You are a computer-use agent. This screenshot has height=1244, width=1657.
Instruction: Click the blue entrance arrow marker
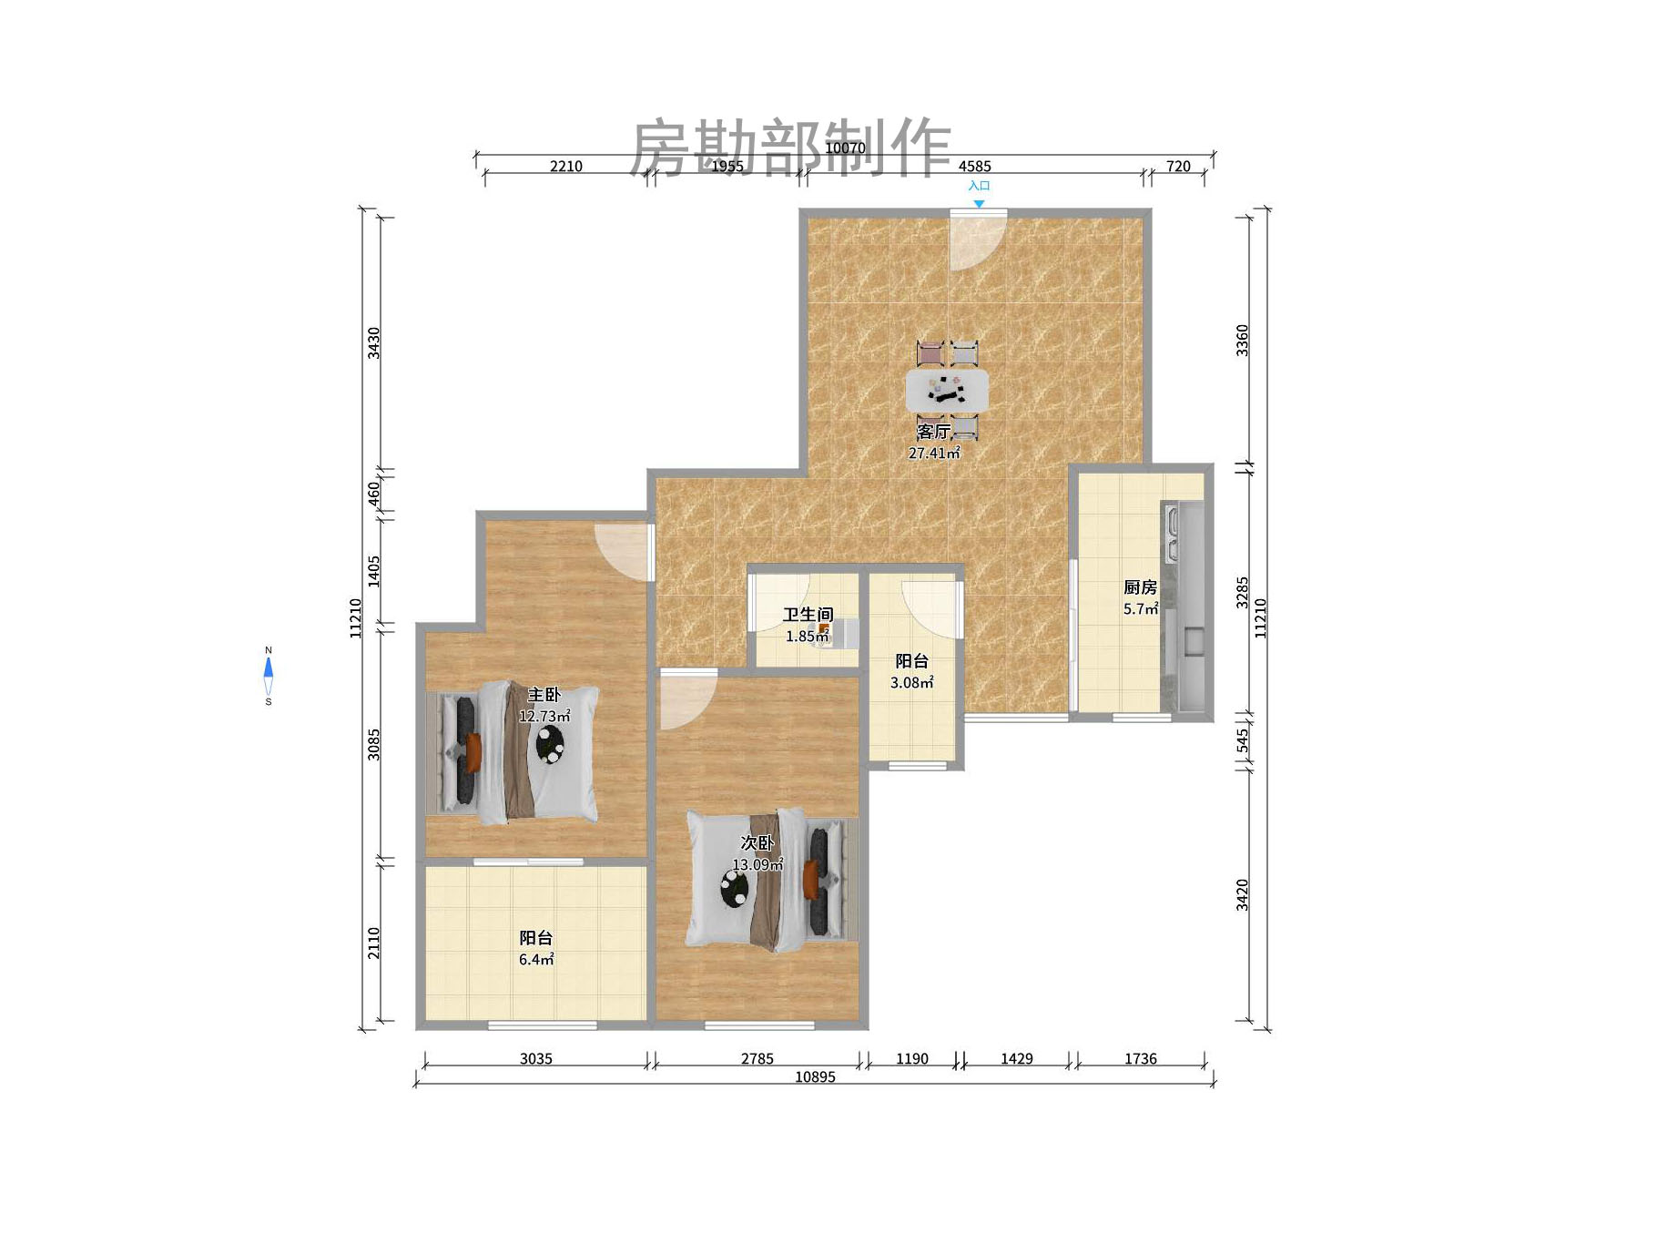click(x=979, y=204)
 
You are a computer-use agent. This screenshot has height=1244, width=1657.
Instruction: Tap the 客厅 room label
click(x=933, y=431)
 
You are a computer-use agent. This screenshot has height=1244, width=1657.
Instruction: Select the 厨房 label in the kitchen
click(x=1140, y=587)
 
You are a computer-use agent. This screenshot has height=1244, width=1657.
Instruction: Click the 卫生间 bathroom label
click(x=808, y=615)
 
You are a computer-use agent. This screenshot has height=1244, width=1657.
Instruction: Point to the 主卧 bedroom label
click(x=544, y=695)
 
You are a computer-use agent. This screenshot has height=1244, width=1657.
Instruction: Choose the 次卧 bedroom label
click(x=757, y=843)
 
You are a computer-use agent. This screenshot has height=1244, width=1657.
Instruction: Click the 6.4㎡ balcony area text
click(x=536, y=960)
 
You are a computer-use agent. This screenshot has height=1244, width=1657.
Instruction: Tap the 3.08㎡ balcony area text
click(x=911, y=683)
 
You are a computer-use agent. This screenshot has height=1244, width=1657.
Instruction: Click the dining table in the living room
click(x=947, y=390)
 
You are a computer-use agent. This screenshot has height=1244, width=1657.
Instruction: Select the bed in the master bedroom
click(x=514, y=752)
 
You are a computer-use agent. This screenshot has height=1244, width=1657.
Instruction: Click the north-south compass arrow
click(x=269, y=676)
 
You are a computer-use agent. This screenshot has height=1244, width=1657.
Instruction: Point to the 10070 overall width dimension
click(x=845, y=148)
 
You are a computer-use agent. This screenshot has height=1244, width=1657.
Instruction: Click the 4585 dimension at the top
click(x=974, y=166)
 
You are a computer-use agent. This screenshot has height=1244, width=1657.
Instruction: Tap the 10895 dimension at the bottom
click(x=815, y=1077)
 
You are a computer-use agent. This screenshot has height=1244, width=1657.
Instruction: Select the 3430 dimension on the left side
click(x=373, y=342)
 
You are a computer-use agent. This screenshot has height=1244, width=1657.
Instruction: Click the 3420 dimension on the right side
click(x=1243, y=894)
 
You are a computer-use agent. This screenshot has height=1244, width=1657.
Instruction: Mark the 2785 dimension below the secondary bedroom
click(x=757, y=1059)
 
